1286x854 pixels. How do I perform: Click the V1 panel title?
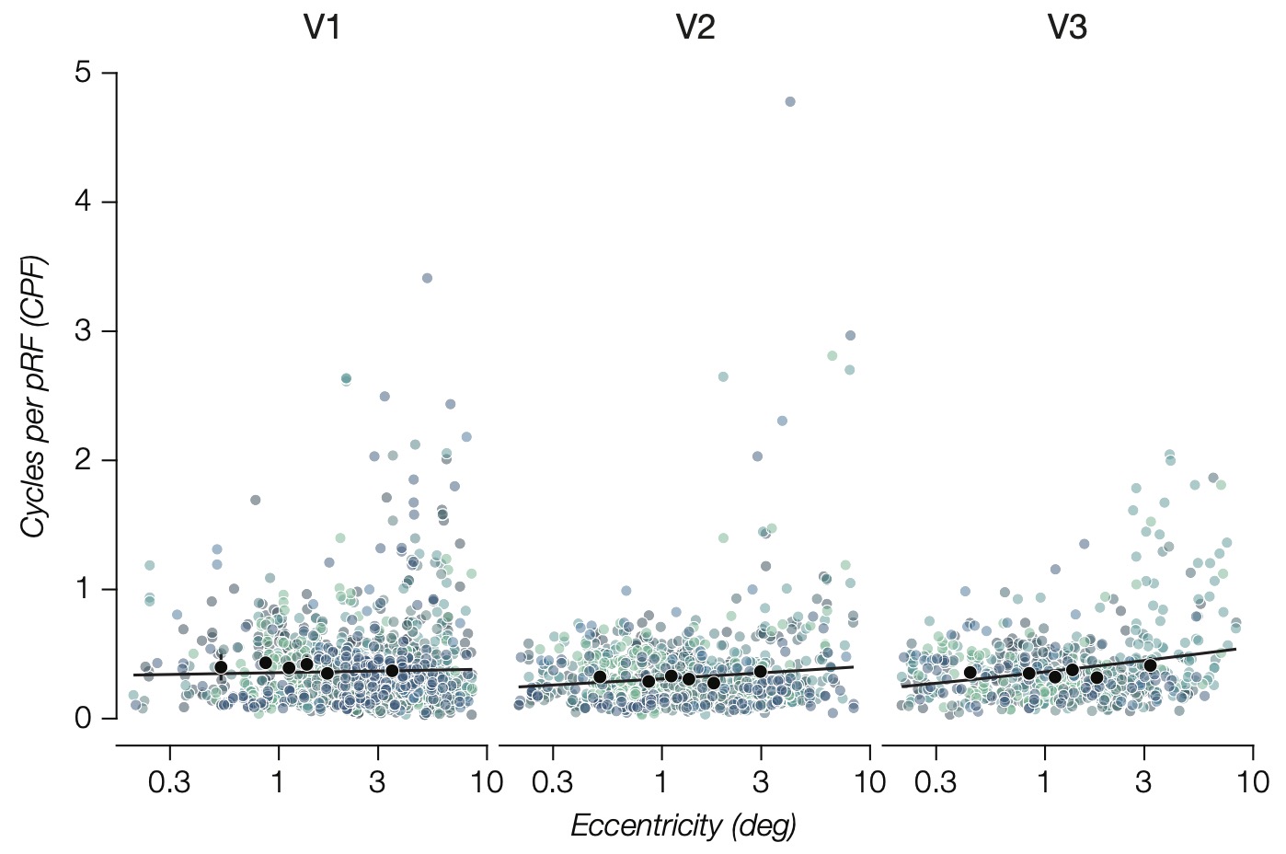[x=322, y=29]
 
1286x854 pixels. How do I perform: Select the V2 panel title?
[x=695, y=29]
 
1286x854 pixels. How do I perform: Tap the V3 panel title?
[x=1067, y=29]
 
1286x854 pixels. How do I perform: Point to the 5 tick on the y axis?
[x=84, y=72]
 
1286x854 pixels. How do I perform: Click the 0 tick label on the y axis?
[x=84, y=718]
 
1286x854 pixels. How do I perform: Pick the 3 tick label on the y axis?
[x=84, y=330]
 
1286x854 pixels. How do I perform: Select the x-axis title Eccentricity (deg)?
[x=683, y=825]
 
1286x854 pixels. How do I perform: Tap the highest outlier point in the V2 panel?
[x=789, y=101]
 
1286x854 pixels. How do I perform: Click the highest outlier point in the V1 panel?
[x=427, y=278]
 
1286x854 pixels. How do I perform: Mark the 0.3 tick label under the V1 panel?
[x=169, y=783]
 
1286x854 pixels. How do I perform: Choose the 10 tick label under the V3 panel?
[x=1252, y=783]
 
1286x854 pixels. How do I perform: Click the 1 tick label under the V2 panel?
[x=660, y=783]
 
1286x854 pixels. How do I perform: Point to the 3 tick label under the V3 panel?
[x=1142, y=783]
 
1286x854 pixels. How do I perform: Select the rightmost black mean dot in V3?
[x=1150, y=664]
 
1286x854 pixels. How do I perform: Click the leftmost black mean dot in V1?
[x=221, y=667]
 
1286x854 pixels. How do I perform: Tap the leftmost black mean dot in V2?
[x=600, y=676]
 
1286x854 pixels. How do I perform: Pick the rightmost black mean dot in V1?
[x=392, y=671]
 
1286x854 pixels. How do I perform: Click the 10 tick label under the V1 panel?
[x=487, y=783]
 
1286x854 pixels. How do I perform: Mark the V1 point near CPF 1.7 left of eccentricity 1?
[x=256, y=500]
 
